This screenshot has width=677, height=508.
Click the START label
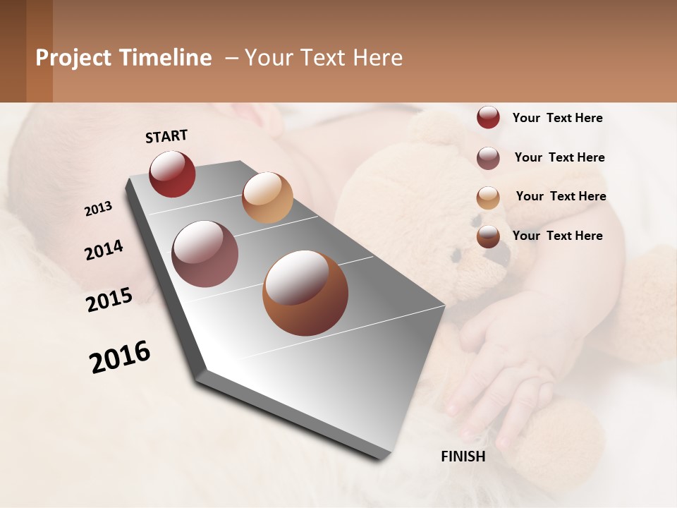click(x=166, y=136)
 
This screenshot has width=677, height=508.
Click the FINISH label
click(x=463, y=456)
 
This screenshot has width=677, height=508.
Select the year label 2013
click(x=98, y=209)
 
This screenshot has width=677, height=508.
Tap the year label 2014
click(x=104, y=250)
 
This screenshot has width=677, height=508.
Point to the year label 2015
click(x=109, y=300)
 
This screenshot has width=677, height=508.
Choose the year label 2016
click(x=120, y=357)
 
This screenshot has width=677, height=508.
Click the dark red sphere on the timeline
click(x=172, y=174)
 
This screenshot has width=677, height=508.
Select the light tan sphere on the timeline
click(x=267, y=197)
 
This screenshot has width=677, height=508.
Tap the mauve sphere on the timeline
click(x=205, y=254)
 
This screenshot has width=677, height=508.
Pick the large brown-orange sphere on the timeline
click(x=305, y=293)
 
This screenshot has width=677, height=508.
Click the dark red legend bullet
click(x=488, y=118)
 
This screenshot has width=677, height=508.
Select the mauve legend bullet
click(x=488, y=158)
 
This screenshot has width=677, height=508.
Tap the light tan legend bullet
click(x=488, y=198)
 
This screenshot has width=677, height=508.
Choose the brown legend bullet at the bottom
click(x=488, y=236)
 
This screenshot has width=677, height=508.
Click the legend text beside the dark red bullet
click(x=557, y=118)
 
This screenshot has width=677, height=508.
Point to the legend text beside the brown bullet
click(x=557, y=236)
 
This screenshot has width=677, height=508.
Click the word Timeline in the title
click(x=165, y=58)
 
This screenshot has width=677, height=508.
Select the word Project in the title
click(x=73, y=58)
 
